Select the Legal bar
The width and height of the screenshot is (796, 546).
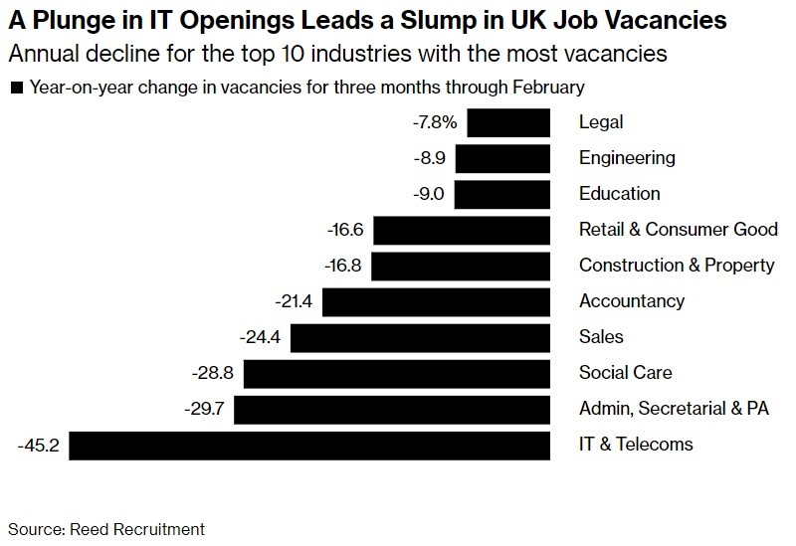coord(508,122)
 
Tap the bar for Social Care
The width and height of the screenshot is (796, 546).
coord(397,373)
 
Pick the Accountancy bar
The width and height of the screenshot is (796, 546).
coord(436,301)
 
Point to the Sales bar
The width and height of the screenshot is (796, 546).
coord(421,337)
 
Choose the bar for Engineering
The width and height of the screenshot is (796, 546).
coord(502,158)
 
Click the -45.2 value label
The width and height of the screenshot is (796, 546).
coord(39,445)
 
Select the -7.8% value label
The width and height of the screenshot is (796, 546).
coord(434,122)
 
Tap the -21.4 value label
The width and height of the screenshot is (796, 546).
coord(294,301)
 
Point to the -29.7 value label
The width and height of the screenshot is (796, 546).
coord(205,409)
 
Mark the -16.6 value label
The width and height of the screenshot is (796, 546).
coord(346,230)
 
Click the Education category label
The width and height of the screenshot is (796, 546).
coord(619,194)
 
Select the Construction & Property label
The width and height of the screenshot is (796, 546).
coord(677,266)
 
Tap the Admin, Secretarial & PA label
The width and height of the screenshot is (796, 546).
coord(675,409)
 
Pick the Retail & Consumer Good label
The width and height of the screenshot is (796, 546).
coord(679,230)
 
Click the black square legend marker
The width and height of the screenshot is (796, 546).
coord(15,89)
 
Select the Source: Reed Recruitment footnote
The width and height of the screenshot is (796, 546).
coord(105,528)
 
